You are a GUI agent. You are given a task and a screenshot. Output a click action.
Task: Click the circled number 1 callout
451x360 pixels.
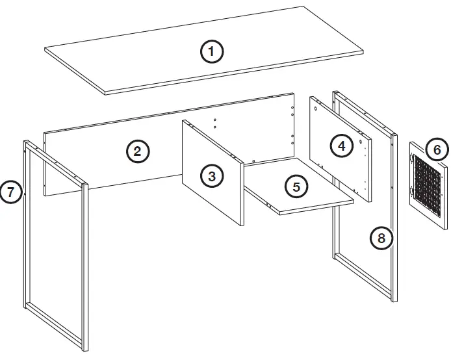coord(211,51)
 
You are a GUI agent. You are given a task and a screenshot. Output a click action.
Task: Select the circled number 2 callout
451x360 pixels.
coord(137,151)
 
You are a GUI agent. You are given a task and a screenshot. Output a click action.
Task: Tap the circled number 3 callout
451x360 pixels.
coord(211,175)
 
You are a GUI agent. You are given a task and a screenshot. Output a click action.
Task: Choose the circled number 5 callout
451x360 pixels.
coord(296,186)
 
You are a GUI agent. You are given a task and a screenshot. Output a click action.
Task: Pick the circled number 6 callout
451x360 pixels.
coord(437,150)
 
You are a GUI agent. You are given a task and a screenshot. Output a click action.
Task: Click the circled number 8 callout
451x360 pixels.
coord(381,238)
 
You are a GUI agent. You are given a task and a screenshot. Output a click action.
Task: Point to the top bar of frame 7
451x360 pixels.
coord(56,162)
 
